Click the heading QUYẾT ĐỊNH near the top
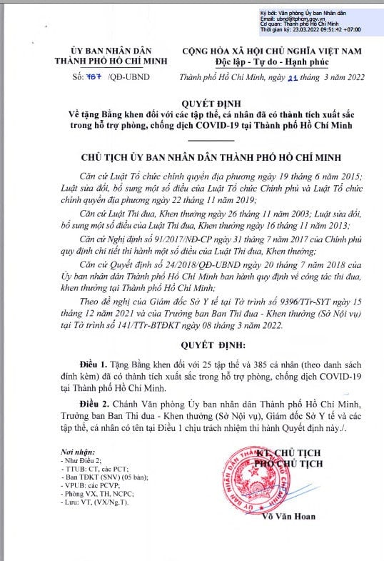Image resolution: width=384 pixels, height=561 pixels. tap(192, 101)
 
